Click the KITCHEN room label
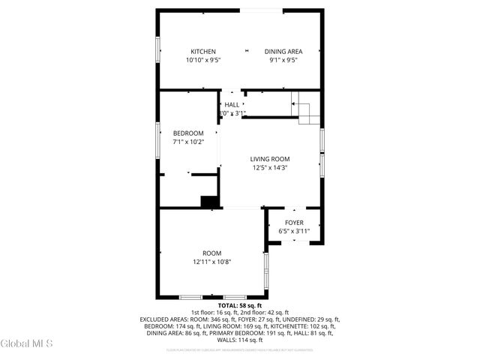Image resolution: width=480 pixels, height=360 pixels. [x=202, y=52]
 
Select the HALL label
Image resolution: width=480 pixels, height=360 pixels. [x=232, y=105]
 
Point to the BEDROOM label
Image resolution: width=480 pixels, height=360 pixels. [x=188, y=133]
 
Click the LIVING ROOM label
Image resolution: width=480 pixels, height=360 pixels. [x=270, y=159]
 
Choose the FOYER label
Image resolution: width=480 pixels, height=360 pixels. [x=294, y=223]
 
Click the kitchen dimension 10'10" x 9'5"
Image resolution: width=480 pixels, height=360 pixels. [x=202, y=60]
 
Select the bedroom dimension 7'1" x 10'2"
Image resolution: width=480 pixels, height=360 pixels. [x=188, y=142]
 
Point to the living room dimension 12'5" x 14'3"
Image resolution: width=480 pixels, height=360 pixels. [x=270, y=168]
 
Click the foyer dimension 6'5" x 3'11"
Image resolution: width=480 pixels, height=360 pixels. [x=294, y=232]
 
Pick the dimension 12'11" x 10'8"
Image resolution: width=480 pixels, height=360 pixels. [x=212, y=262]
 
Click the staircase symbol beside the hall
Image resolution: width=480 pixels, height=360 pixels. [x=305, y=109]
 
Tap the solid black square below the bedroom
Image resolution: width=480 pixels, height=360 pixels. [x=209, y=201]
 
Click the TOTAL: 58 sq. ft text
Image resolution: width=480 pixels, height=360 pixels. [x=239, y=306]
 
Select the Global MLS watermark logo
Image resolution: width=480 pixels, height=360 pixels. [x=27, y=343]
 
